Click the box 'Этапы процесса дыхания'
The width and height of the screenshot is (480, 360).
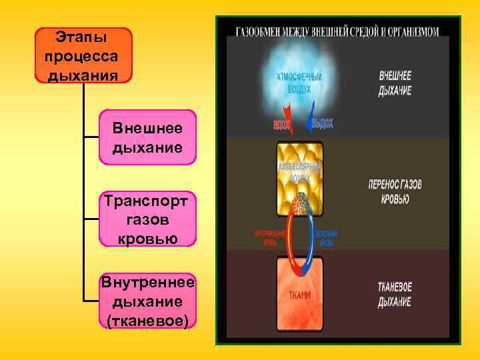84,55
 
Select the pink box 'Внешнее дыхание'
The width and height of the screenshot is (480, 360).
147,137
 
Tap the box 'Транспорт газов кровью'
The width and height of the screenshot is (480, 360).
147,219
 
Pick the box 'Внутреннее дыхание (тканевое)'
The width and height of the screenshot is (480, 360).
147,301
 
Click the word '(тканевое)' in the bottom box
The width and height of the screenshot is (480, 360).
147,321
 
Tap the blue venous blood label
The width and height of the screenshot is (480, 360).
327,238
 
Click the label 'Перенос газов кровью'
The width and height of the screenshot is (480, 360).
395,191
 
